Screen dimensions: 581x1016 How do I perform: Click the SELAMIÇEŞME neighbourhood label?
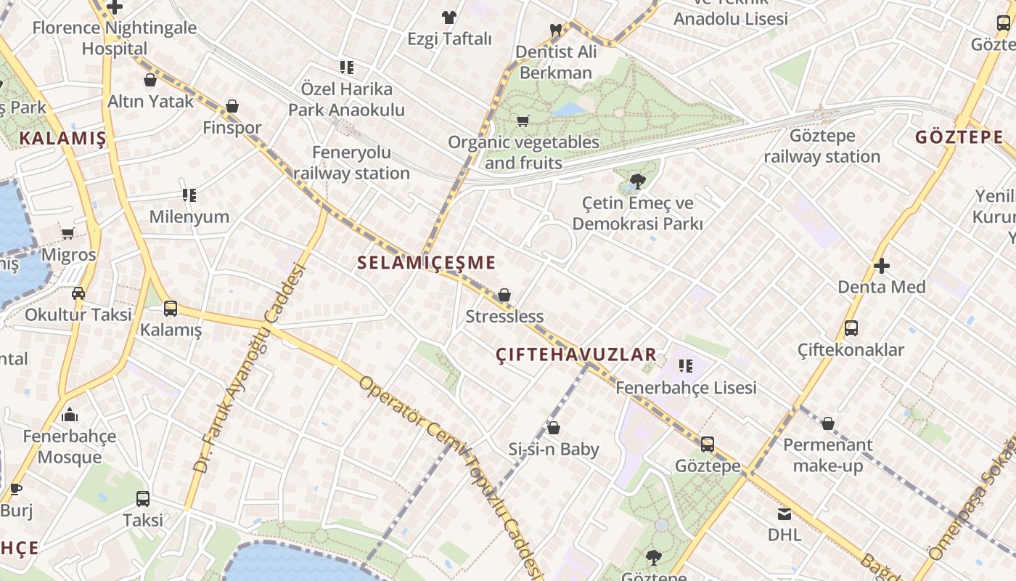click(427, 263)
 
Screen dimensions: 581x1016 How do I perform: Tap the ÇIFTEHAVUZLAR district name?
click(576, 354)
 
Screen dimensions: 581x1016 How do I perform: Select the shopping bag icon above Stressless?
click(504, 295)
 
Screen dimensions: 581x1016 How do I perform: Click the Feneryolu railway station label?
click(352, 163)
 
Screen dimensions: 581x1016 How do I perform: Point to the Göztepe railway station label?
click(822, 146)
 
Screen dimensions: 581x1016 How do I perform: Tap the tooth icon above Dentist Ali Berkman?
click(556, 31)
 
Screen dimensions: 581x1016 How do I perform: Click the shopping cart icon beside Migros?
click(68, 234)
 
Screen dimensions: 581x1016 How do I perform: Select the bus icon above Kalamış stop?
click(171, 309)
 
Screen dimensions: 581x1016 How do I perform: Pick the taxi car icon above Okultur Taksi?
click(78, 293)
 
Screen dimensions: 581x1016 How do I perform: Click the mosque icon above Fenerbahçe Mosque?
click(70, 415)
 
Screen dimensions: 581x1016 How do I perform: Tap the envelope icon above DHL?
click(784, 514)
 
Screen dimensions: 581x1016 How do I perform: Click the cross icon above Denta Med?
click(882, 266)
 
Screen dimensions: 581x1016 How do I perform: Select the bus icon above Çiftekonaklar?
click(851, 328)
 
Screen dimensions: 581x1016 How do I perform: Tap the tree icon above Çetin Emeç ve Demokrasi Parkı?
click(638, 182)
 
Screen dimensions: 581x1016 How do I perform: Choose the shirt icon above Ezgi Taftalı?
click(449, 17)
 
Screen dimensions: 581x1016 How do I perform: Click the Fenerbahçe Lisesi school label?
click(686, 388)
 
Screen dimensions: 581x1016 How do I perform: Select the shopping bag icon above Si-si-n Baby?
click(554, 428)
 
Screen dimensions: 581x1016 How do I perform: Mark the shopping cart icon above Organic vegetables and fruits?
click(523, 121)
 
